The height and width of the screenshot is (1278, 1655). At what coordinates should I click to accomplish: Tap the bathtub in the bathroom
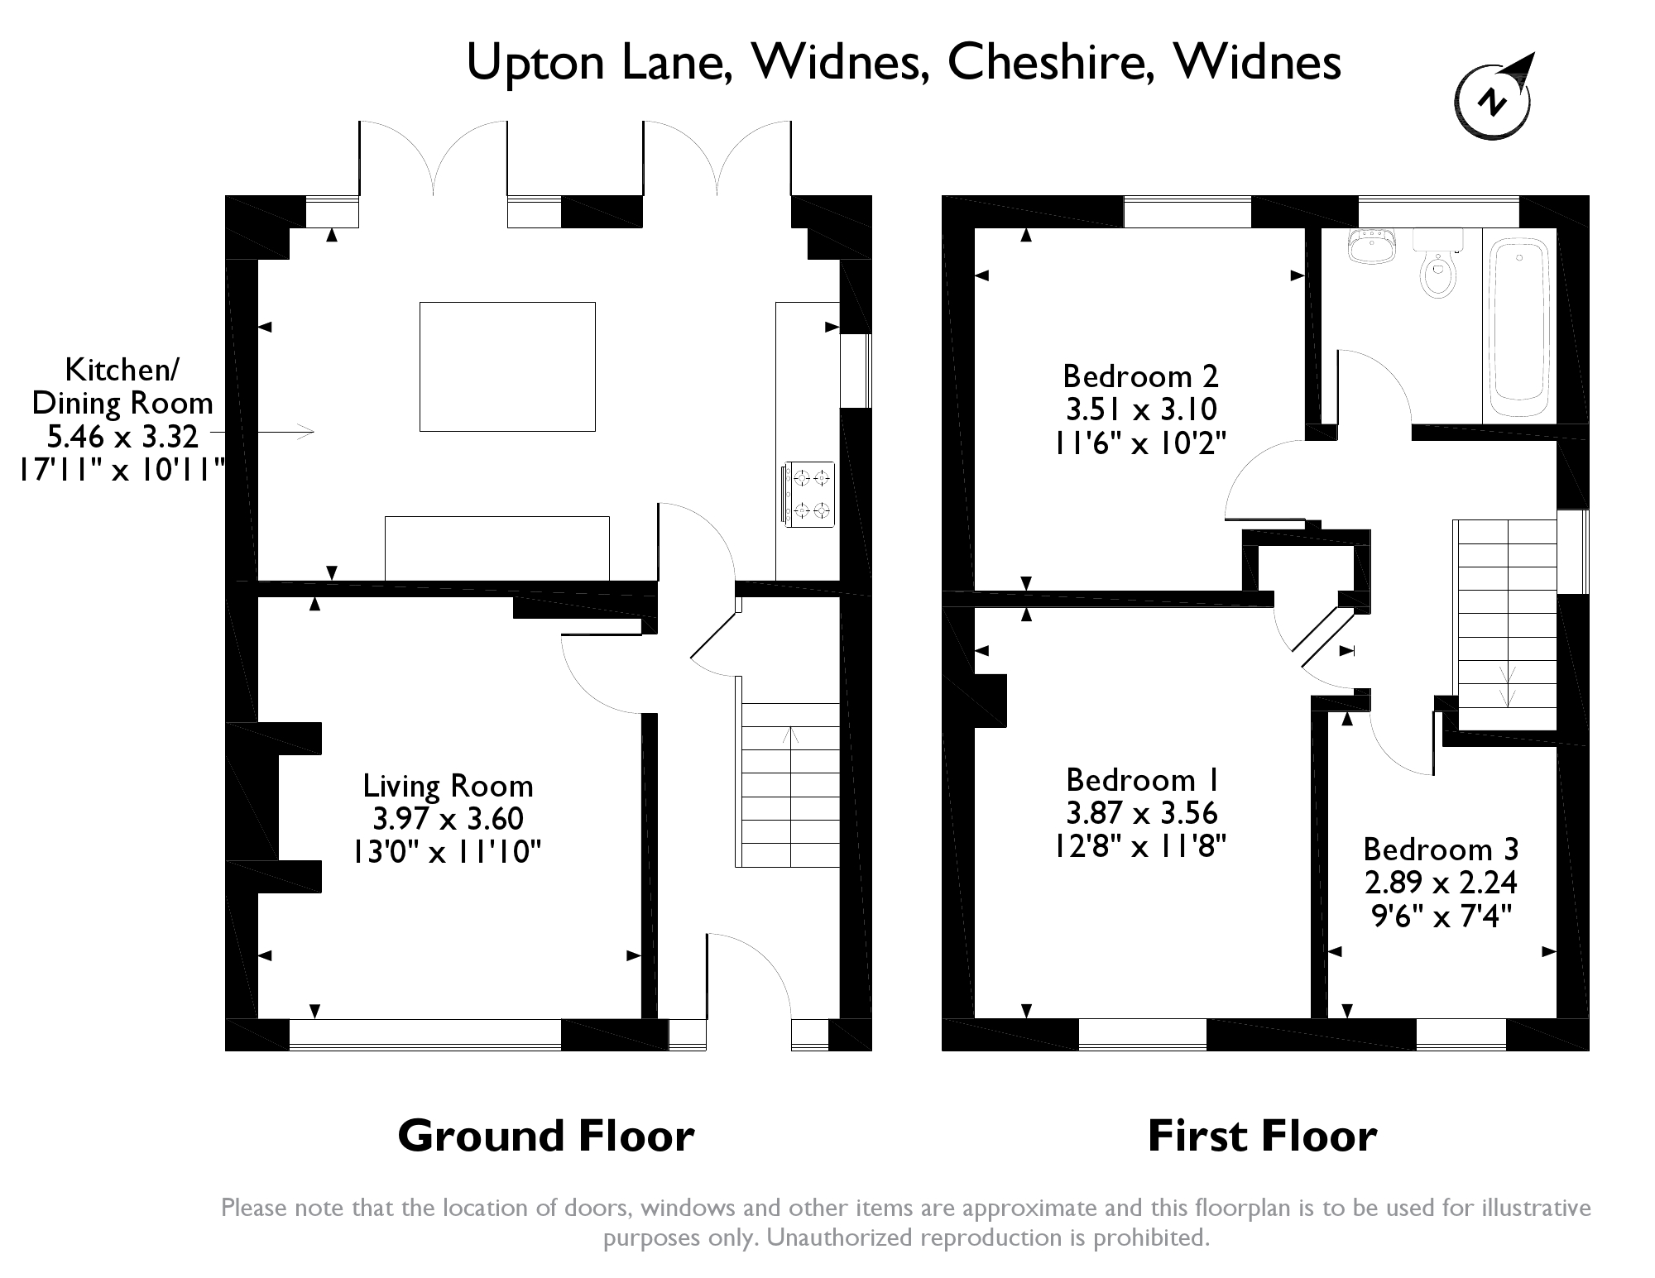(x=1519, y=328)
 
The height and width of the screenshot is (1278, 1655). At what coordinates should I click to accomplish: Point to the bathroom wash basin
(x=1371, y=246)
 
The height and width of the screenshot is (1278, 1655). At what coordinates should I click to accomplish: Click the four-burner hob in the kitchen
(x=807, y=495)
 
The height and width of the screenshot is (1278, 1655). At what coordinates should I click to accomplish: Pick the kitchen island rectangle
(x=507, y=366)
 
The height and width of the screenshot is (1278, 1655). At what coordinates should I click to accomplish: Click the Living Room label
(x=448, y=785)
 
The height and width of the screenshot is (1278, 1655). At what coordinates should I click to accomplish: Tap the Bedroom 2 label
(x=1140, y=376)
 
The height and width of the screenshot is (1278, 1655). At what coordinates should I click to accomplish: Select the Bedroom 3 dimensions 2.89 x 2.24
(x=1441, y=883)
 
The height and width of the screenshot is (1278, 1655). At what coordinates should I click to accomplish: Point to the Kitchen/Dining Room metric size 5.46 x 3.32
(x=122, y=436)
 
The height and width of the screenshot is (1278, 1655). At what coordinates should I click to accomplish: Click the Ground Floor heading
(x=546, y=1136)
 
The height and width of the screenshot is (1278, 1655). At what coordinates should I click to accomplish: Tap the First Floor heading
(x=1262, y=1136)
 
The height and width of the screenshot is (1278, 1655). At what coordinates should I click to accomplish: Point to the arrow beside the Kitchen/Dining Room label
(x=261, y=431)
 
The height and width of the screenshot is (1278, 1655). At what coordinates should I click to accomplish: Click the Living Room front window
(x=425, y=1035)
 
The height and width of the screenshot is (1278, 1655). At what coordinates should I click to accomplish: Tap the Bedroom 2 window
(x=1187, y=211)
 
